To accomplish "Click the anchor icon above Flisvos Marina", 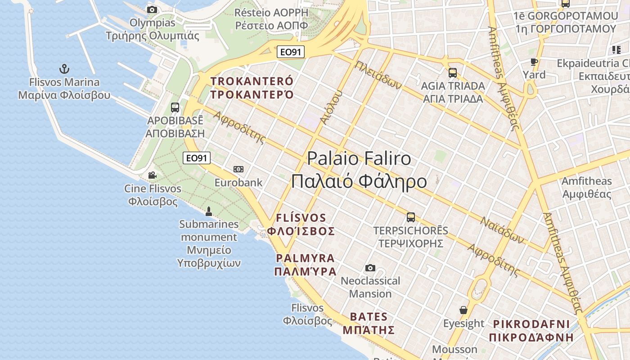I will coord(64,69).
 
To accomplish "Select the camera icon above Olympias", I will coord(152,9).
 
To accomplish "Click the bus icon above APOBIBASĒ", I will coord(175,108).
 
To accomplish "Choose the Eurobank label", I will coord(238,183).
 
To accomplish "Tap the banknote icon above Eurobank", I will coord(238,169).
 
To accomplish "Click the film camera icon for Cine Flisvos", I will coord(152,175).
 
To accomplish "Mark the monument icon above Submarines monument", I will coord(208,211).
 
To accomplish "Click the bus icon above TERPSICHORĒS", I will coord(411,217).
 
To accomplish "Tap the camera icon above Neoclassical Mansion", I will coord(370,268).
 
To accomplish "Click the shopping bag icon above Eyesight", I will coord(463,310).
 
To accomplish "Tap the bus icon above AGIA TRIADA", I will coord(453,72).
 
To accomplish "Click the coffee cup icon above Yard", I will coord(534,62).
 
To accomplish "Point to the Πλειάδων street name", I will coord(378,75).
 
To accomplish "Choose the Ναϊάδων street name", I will coord(502,230).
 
